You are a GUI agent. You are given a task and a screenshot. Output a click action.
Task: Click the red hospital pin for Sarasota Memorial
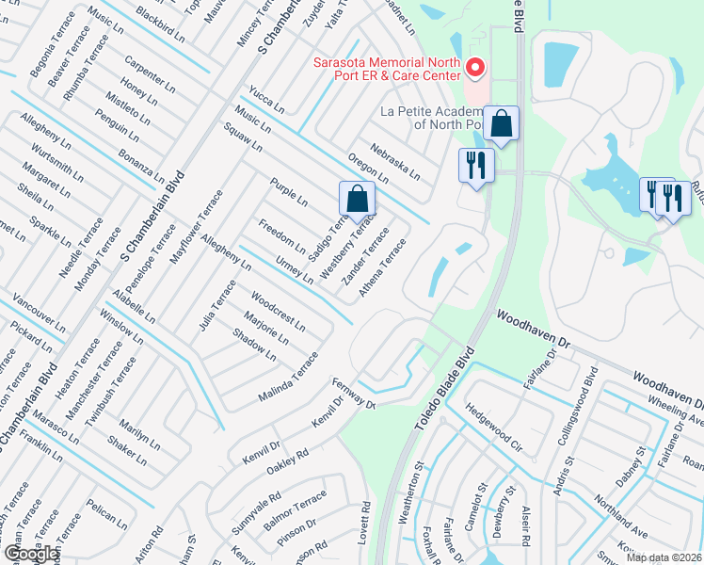(x=475, y=68)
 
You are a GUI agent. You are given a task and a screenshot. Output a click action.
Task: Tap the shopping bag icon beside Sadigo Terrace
(x=357, y=200)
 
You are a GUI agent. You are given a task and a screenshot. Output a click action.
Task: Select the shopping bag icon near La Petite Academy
(x=503, y=124)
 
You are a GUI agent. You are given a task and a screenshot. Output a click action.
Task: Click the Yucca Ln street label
(x=266, y=99)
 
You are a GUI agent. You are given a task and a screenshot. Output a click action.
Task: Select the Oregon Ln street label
(x=368, y=166)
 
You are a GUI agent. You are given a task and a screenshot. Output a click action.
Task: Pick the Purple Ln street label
(x=289, y=192)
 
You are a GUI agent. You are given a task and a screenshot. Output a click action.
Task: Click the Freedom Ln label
(x=281, y=235)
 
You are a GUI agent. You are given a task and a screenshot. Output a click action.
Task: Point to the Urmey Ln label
(x=295, y=268)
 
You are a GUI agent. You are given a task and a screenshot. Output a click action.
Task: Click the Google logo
(x=30, y=554)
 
